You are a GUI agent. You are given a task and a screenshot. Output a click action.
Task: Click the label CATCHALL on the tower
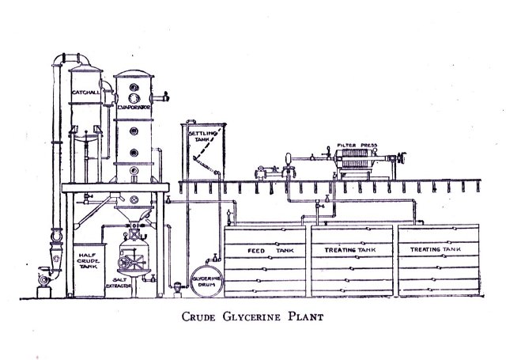[85, 94]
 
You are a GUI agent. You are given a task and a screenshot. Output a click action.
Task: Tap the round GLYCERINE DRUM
[207, 282]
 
